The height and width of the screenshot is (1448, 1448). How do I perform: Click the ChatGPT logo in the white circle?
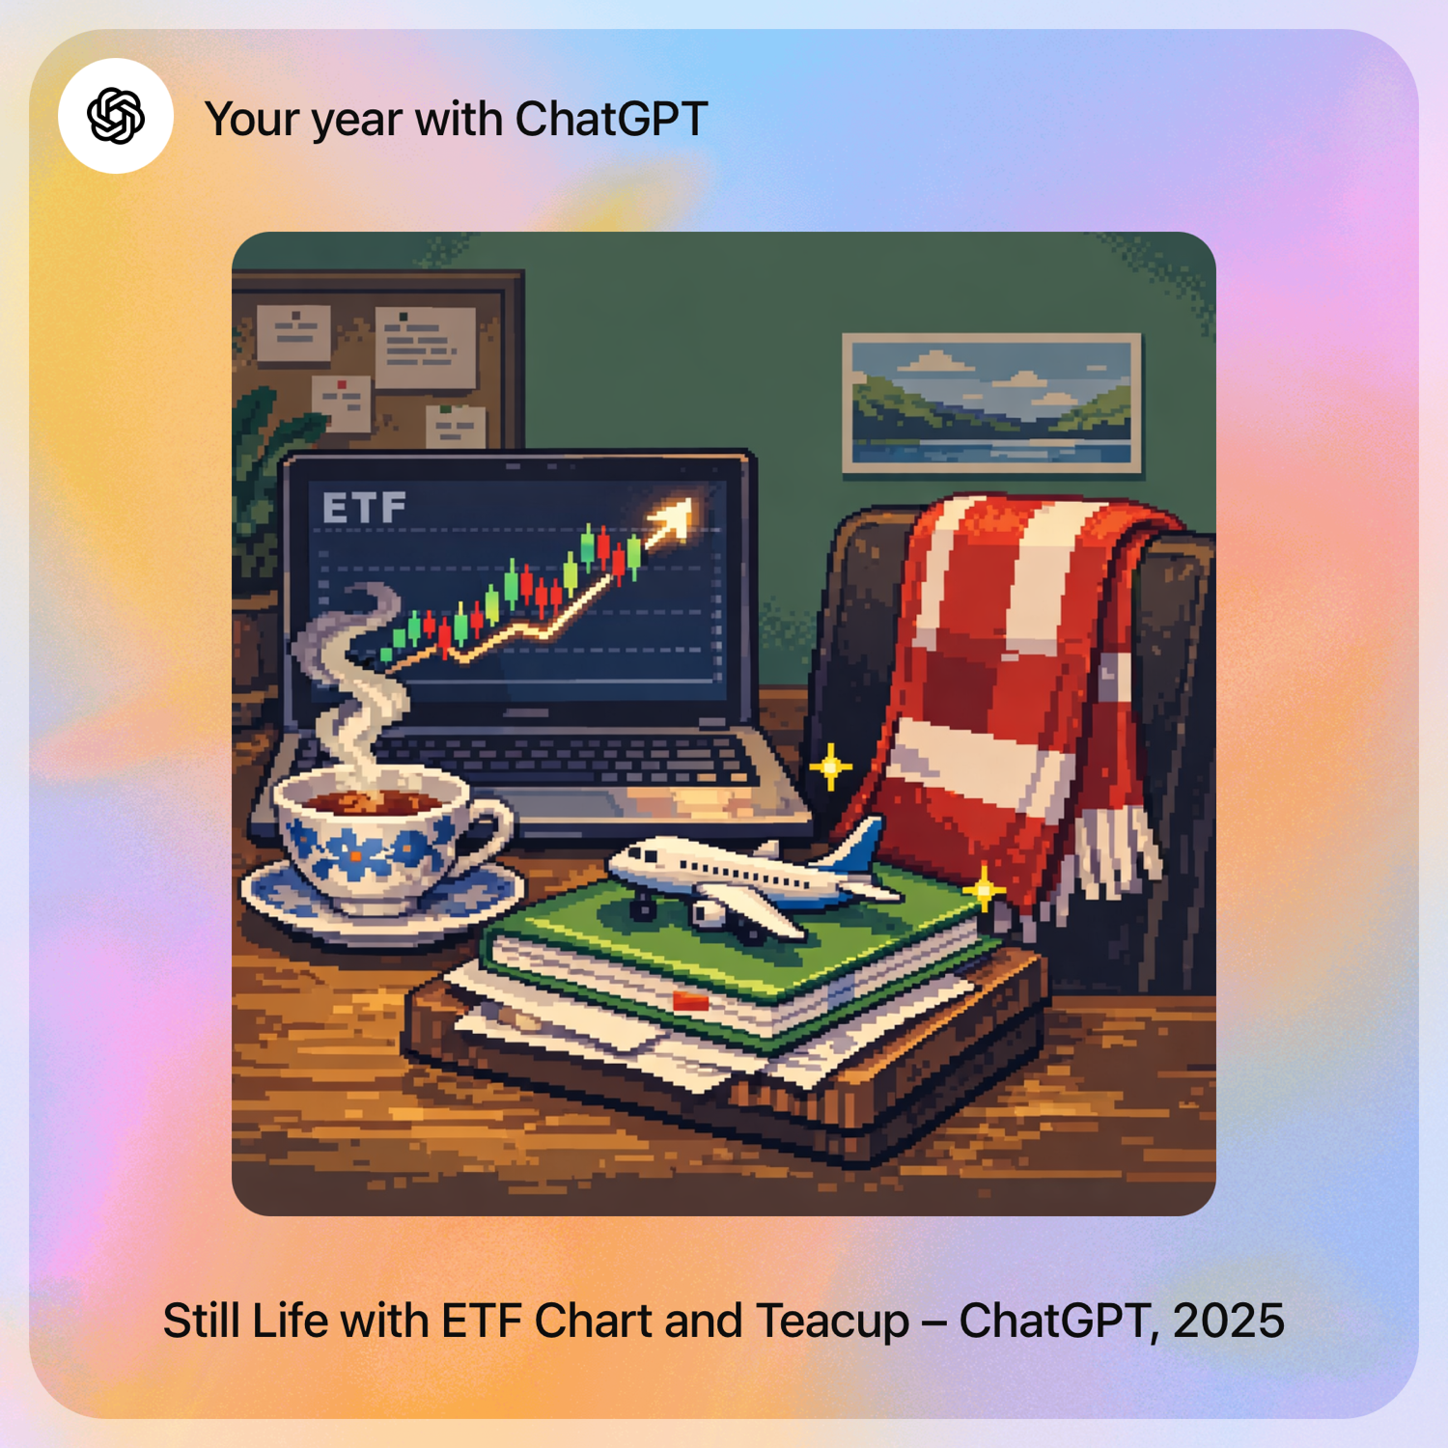(x=116, y=116)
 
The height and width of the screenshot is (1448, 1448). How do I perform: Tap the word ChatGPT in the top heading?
(x=611, y=120)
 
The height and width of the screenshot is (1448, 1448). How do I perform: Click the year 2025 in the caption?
(x=1229, y=1321)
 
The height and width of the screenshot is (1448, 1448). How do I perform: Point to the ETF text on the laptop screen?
(x=364, y=508)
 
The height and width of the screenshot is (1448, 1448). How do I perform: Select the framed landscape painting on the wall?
(x=992, y=403)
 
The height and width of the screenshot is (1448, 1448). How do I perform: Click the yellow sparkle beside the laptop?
(x=830, y=767)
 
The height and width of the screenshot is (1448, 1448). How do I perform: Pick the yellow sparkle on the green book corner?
(x=983, y=889)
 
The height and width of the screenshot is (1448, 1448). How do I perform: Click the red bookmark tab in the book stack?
(x=690, y=1000)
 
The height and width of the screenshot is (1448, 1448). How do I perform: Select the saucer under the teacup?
(x=382, y=898)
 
